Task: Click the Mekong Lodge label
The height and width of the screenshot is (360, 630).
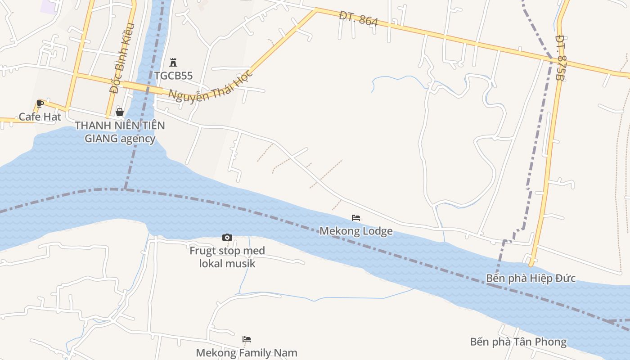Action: [x=356, y=231]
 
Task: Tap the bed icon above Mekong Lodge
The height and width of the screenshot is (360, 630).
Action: [x=356, y=218]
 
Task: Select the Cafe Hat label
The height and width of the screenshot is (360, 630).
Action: [x=40, y=117]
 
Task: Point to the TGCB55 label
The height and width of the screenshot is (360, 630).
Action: [x=173, y=76]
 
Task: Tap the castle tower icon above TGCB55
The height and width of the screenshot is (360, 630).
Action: [x=173, y=63]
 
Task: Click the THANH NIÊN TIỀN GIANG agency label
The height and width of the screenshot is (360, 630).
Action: [x=120, y=132]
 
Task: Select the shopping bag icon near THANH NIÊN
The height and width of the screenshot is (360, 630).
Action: [x=120, y=112]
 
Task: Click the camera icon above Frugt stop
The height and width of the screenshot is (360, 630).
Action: [x=227, y=237]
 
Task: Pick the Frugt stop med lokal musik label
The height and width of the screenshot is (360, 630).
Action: [x=227, y=257]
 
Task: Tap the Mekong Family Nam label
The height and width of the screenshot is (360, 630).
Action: [x=247, y=353]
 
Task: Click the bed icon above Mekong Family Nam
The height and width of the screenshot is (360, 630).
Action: [x=247, y=339]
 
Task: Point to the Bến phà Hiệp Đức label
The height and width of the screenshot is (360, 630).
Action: [x=531, y=278]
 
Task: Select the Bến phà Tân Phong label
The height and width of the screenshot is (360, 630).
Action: [x=518, y=342]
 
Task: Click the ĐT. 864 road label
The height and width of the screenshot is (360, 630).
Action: [x=359, y=19]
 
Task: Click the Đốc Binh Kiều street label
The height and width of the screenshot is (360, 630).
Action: [x=122, y=58]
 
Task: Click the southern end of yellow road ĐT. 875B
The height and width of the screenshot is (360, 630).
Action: [x=531, y=264]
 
